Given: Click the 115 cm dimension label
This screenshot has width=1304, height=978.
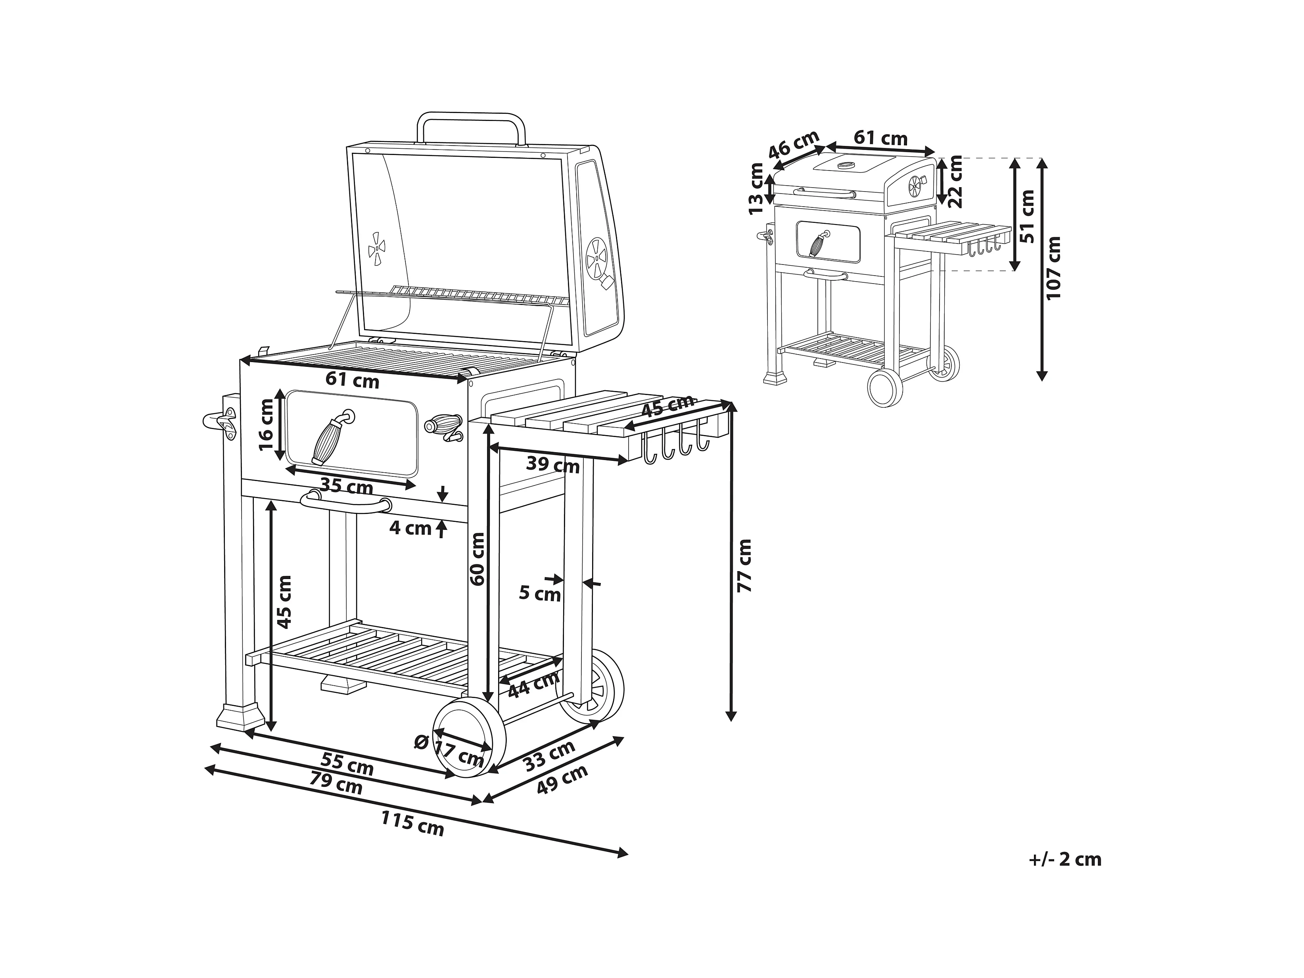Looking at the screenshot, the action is pos(412,823).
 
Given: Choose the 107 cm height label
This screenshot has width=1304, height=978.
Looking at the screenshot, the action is pos(1053,268).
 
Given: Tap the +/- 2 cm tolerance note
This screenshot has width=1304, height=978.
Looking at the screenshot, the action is pos(1065,859).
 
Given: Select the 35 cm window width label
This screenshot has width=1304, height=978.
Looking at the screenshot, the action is pos(347,487).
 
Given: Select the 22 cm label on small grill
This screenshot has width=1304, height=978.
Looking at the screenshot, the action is pos(955,182).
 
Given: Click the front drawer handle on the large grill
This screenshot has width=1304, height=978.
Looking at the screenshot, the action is pos(346,504).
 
